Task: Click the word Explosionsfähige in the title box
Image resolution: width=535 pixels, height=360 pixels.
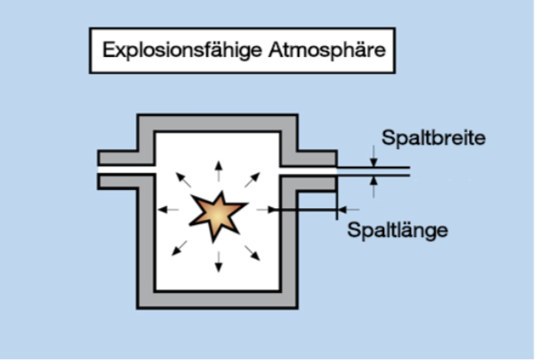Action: (174, 50)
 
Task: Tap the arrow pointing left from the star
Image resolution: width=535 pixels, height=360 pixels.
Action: (167, 210)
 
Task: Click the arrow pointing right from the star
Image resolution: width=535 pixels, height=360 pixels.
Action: (266, 210)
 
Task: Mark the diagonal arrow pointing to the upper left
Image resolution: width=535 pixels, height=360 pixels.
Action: (183, 178)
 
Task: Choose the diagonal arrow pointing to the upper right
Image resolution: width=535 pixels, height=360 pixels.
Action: (252, 178)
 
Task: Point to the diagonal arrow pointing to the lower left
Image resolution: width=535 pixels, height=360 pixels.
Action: (181, 248)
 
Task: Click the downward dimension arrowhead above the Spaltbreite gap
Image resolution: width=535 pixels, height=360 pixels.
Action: (371, 159)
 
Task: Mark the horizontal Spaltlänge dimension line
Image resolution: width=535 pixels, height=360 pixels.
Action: (307, 210)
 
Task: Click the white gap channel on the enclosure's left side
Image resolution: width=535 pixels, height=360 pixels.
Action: (127, 168)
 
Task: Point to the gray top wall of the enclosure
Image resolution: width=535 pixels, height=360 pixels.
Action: (217, 122)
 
